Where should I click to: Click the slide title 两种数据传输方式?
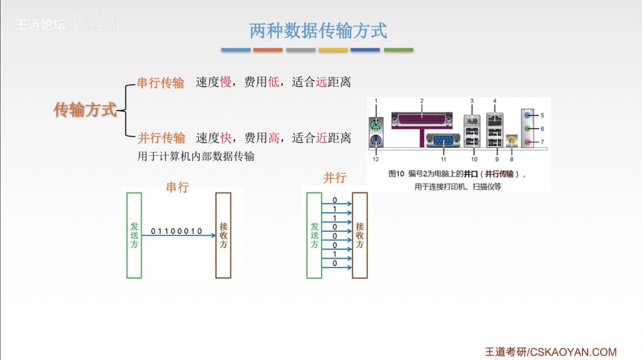(318, 31)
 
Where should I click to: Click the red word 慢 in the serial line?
(226, 82)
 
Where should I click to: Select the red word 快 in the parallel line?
(226, 138)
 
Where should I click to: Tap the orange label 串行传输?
(161, 83)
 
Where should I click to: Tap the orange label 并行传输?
(162, 138)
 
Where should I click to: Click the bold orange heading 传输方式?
(85, 110)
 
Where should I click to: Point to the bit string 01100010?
(177, 231)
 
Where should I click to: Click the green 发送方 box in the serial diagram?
(134, 235)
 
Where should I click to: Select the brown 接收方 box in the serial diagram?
(223, 235)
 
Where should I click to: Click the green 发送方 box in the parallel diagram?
(314, 235)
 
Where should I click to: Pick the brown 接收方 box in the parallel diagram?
(360, 235)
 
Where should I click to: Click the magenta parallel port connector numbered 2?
(422, 119)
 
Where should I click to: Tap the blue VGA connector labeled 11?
(443, 140)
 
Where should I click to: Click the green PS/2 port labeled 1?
(376, 125)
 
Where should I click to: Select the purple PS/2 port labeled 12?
(376, 141)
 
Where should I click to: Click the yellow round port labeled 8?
(512, 141)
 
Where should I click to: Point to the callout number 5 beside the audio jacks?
(542, 115)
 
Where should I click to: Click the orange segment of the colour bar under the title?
(268, 50)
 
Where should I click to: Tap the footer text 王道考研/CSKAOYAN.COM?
(551, 352)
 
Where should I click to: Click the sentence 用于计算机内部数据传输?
(196, 156)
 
